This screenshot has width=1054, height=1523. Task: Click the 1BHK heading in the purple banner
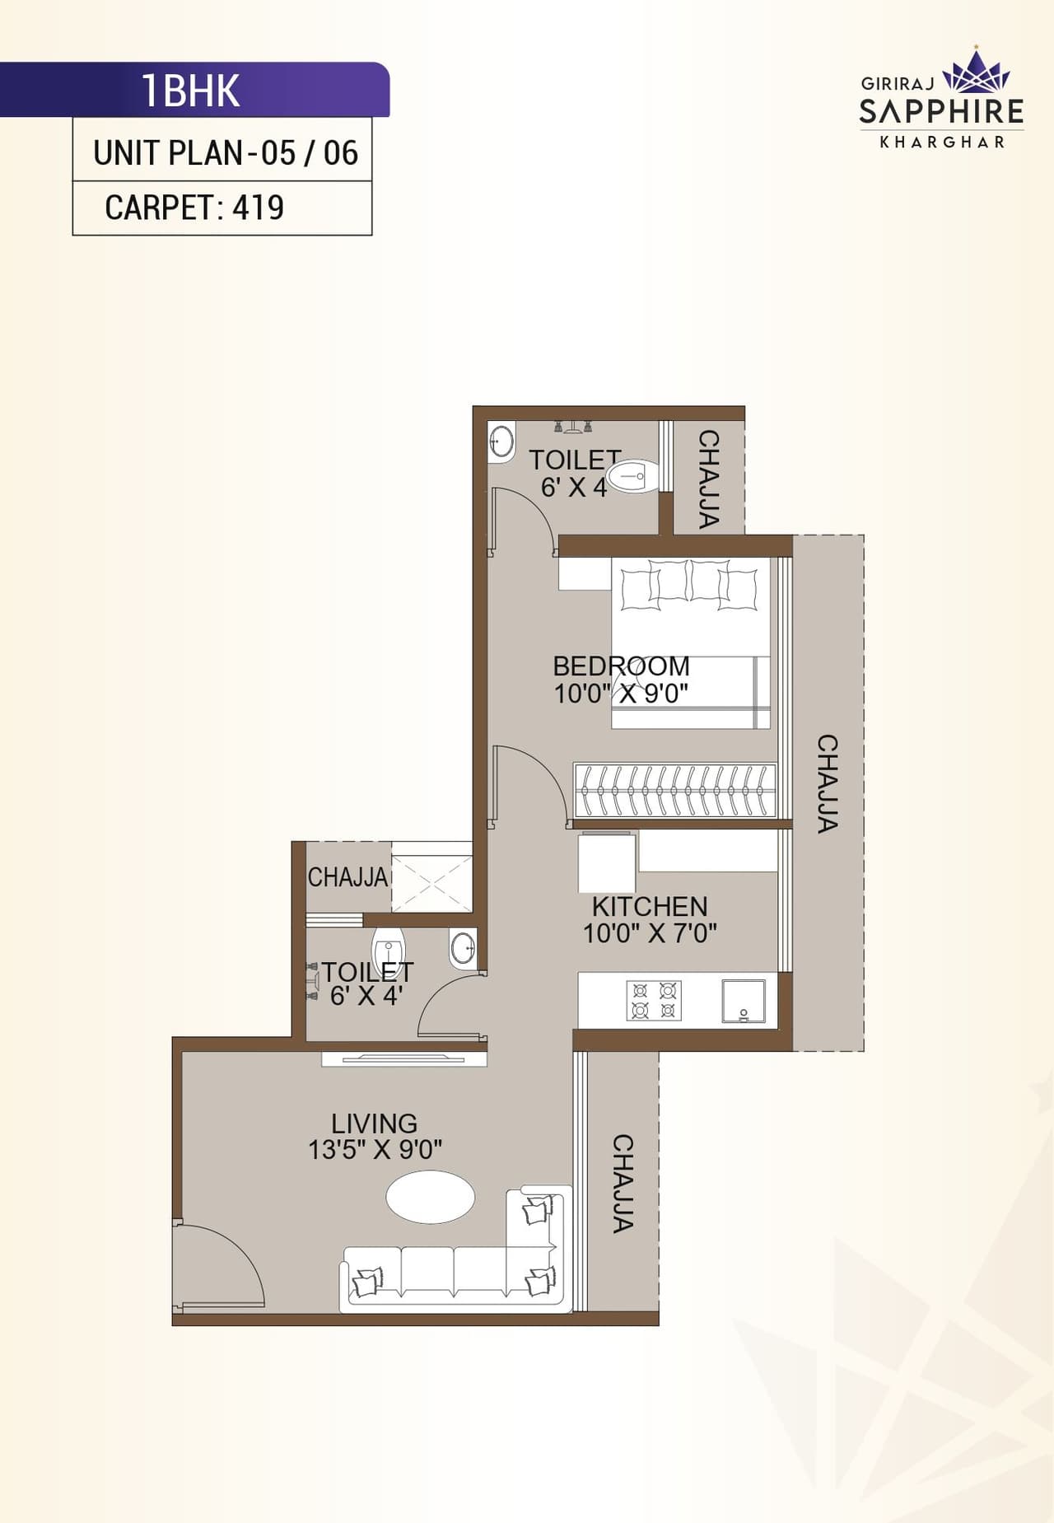click(191, 91)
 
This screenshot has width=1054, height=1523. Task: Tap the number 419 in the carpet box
click(258, 208)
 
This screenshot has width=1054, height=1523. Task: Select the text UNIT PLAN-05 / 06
click(226, 153)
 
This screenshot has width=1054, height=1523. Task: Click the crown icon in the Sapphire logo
click(977, 72)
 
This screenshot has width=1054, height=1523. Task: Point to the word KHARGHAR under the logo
click(942, 142)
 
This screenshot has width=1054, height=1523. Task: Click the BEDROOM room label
click(621, 666)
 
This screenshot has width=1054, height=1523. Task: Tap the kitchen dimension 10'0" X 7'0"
click(650, 933)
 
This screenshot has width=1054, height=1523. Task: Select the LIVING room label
click(374, 1124)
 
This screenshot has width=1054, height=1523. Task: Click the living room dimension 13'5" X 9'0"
click(375, 1149)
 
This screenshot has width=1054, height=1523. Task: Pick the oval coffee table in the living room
click(431, 1198)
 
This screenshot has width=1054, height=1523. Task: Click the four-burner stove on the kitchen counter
click(655, 1000)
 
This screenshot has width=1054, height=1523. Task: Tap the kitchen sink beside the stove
click(744, 1001)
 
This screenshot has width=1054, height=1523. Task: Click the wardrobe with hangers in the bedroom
click(674, 790)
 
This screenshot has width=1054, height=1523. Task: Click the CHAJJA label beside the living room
click(623, 1183)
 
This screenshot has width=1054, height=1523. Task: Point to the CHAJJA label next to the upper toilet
click(709, 479)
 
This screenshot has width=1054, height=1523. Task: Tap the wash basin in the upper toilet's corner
click(501, 441)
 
